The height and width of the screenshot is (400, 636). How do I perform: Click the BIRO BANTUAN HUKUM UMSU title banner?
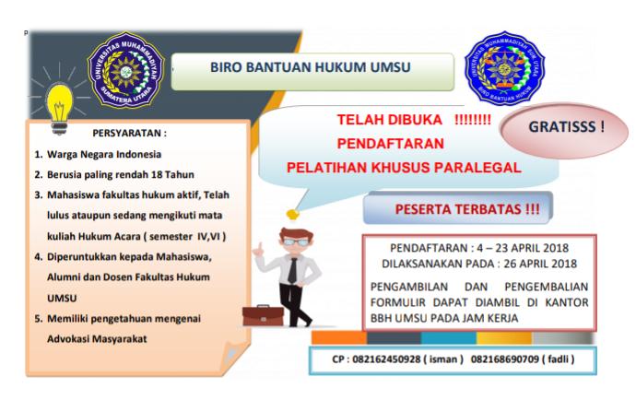(312, 68)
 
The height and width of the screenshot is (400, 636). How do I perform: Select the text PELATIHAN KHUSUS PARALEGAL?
(404, 167)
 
